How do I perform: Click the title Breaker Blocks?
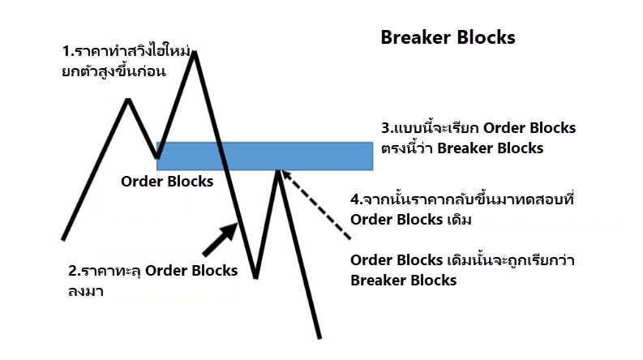click(448, 38)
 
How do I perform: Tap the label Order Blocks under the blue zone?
click(167, 182)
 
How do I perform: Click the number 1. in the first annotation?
click(67, 52)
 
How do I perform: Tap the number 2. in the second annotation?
click(74, 271)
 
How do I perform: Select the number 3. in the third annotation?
click(387, 129)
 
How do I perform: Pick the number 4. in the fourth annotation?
click(356, 199)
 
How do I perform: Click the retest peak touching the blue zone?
click(278, 171)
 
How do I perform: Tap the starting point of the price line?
click(63, 239)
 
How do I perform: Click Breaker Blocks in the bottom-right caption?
click(403, 281)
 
